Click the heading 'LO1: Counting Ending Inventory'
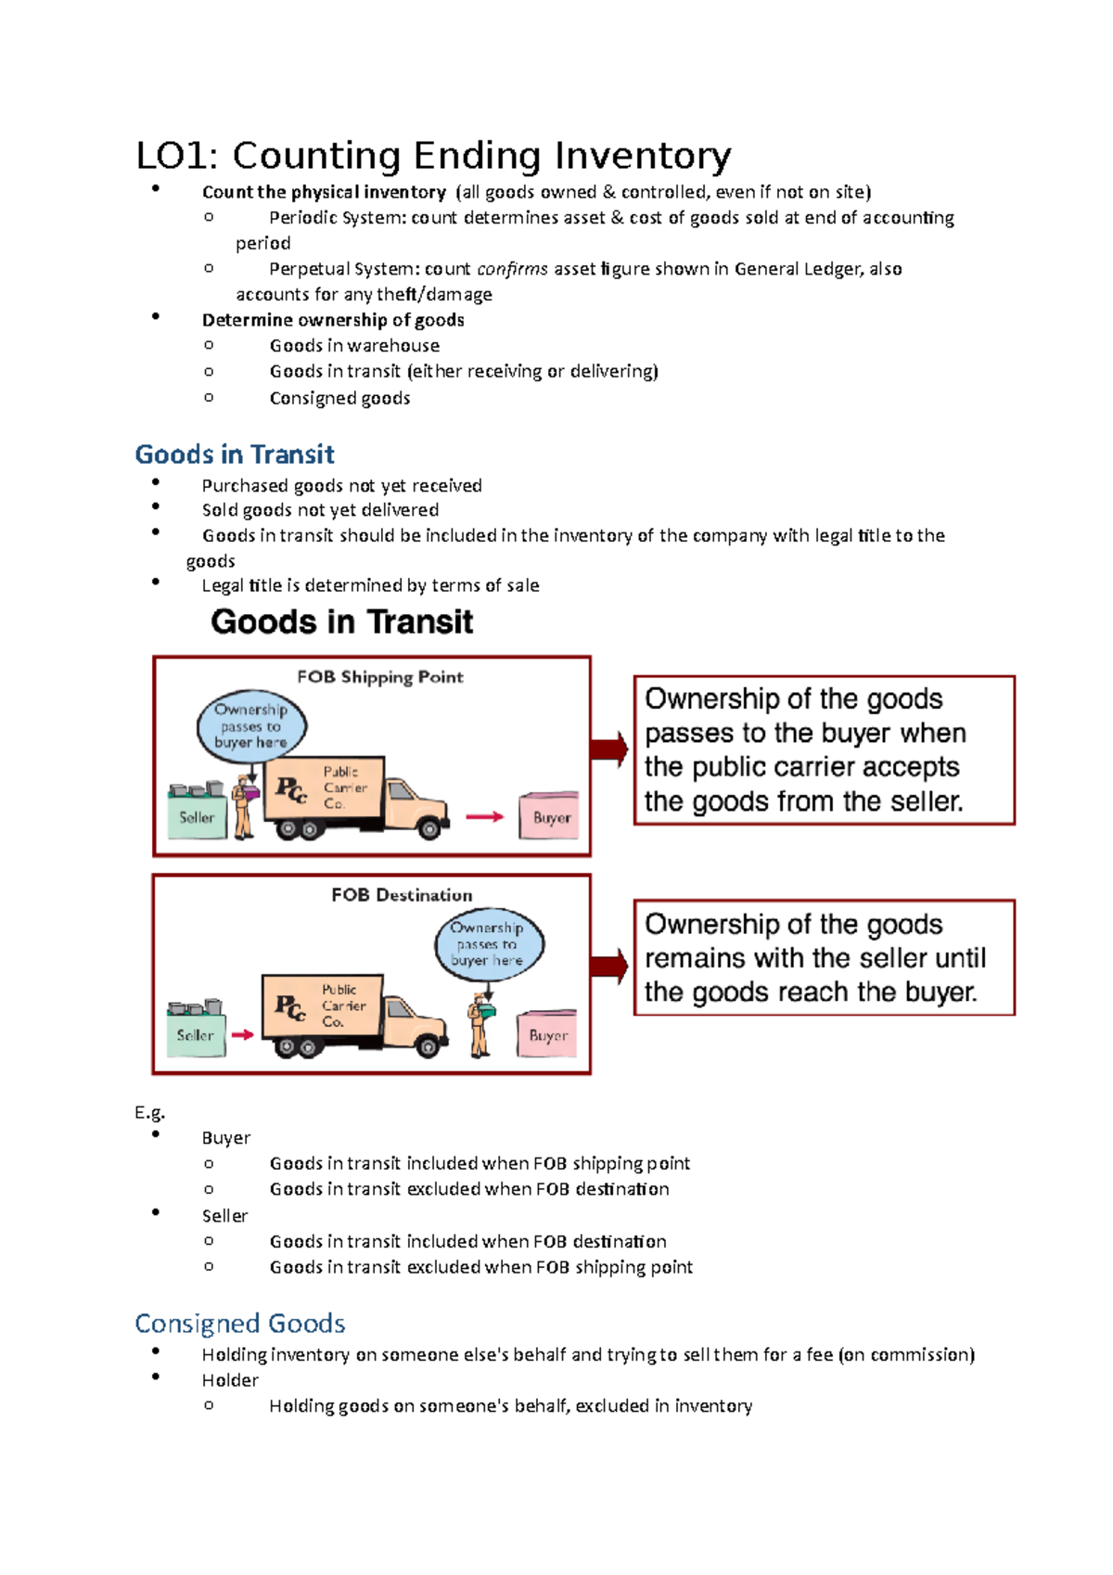point(433,156)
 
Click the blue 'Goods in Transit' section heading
point(235,455)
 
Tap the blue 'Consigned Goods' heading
point(240,1324)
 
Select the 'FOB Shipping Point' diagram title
point(379,677)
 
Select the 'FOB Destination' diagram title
point(402,895)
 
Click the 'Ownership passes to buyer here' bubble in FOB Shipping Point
point(251,726)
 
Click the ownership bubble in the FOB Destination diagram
point(489,944)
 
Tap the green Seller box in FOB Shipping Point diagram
point(198,816)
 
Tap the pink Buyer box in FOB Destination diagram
point(547,1034)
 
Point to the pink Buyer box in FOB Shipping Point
point(550,816)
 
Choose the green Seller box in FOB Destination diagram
point(196,1034)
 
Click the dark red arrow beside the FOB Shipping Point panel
point(609,749)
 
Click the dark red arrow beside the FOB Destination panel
point(609,967)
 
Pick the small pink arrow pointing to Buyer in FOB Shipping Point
point(484,817)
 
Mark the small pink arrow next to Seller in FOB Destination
point(243,1034)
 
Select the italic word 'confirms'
point(512,269)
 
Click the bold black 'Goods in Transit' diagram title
point(342,621)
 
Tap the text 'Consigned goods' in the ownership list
point(339,398)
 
